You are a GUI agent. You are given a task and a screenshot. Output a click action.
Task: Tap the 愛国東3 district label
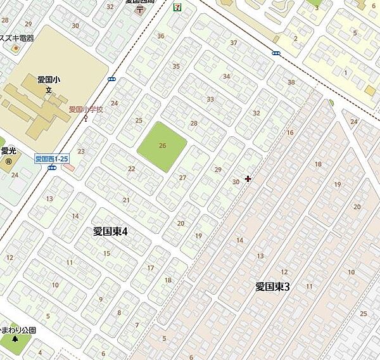272,286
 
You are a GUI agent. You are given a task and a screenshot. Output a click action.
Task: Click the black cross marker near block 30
248,179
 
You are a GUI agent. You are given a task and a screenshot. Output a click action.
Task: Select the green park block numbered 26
162,146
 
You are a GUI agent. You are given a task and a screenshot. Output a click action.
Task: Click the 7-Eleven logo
177,7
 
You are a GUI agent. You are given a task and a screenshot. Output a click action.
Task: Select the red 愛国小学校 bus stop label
85,109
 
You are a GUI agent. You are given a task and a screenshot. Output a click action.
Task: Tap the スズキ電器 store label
18,38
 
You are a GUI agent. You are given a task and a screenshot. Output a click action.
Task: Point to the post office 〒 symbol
139,11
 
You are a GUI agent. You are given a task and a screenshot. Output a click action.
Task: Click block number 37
234,43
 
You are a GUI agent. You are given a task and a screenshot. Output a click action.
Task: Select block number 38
291,82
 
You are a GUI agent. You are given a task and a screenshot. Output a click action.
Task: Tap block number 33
210,99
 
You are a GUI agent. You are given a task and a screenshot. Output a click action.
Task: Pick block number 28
194,124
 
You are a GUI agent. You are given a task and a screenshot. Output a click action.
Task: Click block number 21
126,200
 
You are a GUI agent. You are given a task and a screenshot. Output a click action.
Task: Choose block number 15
106,254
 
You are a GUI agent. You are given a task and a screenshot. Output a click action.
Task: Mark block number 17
150,268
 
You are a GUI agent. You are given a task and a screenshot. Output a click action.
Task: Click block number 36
160,36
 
